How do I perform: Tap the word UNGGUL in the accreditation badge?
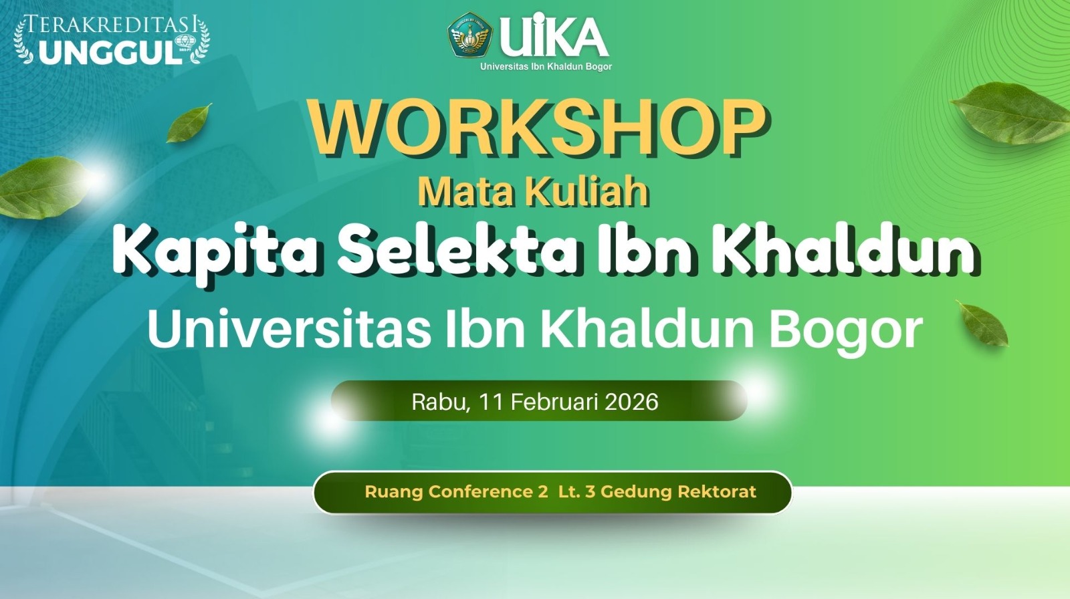click(x=110, y=52)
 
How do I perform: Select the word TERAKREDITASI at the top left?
click(x=111, y=25)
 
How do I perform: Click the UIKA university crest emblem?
click(x=469, y=35)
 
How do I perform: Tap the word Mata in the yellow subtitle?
click(x=465, y=192)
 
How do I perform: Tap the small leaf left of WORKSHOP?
click(x=189, y=123)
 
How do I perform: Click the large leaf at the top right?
click(x=1012, y=114)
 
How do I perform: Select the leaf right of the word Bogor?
click(x=982, y=324)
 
